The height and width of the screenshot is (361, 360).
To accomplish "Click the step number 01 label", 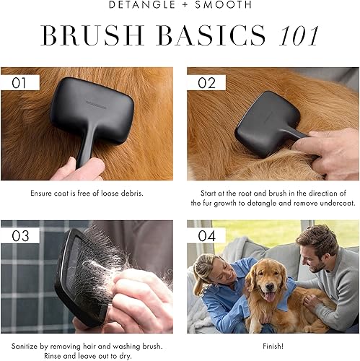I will tap(20, 82).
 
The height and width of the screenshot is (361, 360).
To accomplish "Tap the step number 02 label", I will tap(206, 82).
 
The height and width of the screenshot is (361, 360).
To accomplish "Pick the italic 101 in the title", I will tap(295, 36).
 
